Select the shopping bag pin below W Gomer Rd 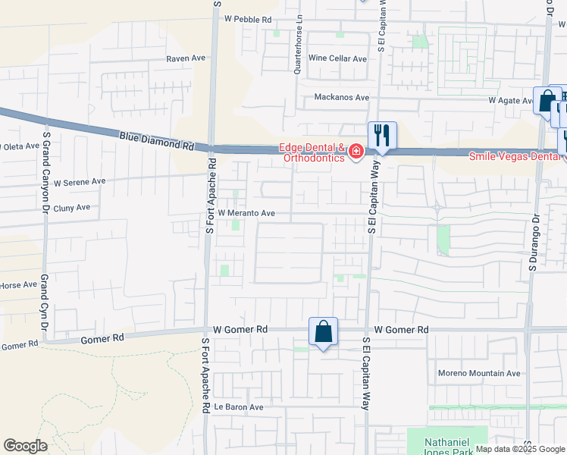pyautogui.click(x=323, y=332)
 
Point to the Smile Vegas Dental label pyautogui.click(x=516, y=156)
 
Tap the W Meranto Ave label pyautogui.click(x=246, y=214)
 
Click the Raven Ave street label pyautogui.click(x=186, y=58)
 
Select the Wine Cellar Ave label pyautogui.click(x=337, y=58)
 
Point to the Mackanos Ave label pyautogui.click(x=341, y=98)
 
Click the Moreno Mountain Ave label pyautogui.click(x=480, y=373)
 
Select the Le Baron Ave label pyautogui.click(x=238, y=407)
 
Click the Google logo pyautogui.click(x=25, y=446)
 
